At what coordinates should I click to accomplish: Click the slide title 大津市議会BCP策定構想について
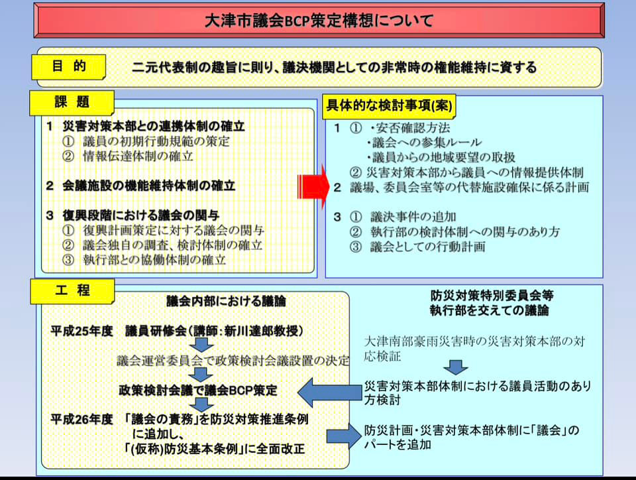pyautogui.click(x=319, y=21)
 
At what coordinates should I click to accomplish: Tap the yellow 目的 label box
pyautogui.click(x=68, y=67)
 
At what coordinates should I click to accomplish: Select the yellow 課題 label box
pyautogui.click(x=72, y=103)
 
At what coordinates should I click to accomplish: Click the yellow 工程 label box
pyautogui.click(x=72, y=291)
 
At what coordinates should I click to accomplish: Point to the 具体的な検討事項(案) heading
pyautogui.click(x=389, y=106)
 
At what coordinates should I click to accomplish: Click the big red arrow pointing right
pyautogui.click(x=313, y=187)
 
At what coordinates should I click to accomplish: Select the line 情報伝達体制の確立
pyautogui.click(x=138, y=156)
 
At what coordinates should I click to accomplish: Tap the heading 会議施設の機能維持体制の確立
pyautogui.click(x=149, y=186)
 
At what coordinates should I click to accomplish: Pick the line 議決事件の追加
pyautogui.click(x=413, y=217)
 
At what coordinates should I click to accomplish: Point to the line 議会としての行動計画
pyautogui.click(x=427, y=247)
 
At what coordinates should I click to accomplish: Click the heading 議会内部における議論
pyautogui.click(x=226, y=301)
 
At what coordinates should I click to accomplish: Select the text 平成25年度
pyautogui.click(x=81, y=331)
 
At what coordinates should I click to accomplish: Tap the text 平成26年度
pyautogui.click(x=81, y=419)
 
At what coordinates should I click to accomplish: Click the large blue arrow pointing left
pyautogui.click(x=329, y=392)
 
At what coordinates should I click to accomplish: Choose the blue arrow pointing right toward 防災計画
pyautogui.click(x=344, y=437)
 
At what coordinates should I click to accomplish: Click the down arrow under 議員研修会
pyautogui.click(x=201, y=345)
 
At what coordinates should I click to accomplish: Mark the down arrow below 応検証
pyautogui.click(x=455, y=367)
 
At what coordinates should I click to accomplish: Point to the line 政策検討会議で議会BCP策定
pyautogui.click(x=198, y=390)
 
